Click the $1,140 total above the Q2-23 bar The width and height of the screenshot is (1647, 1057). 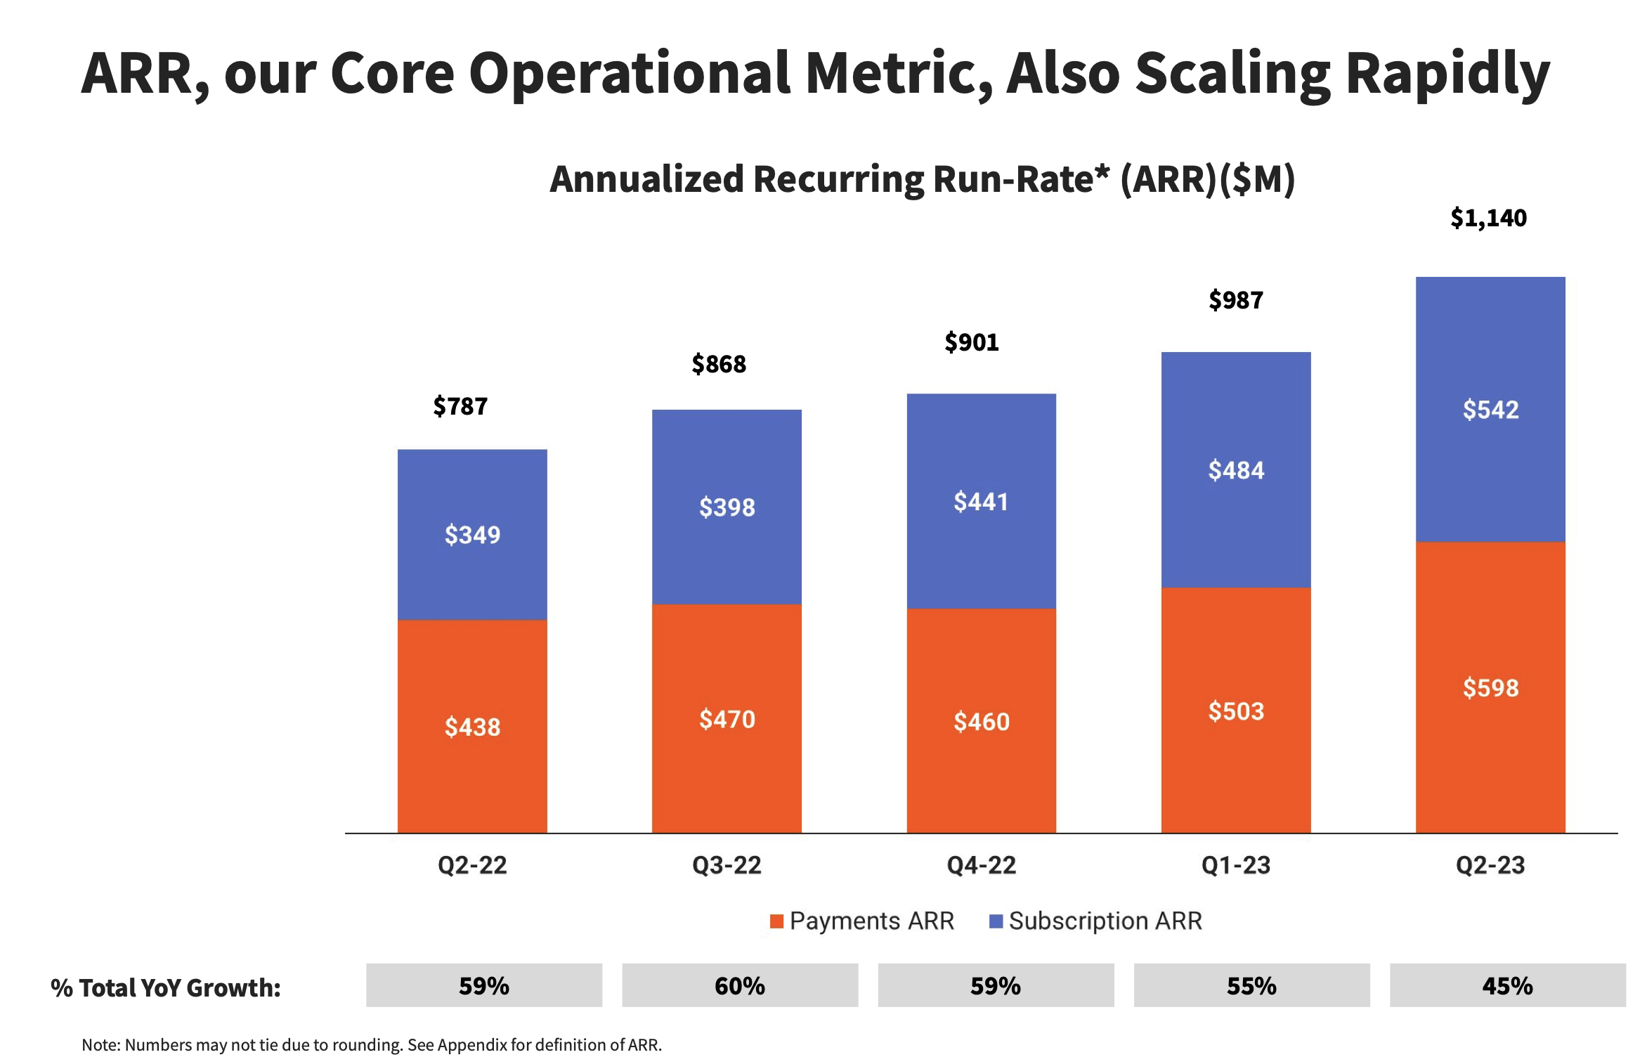click(1488, 218)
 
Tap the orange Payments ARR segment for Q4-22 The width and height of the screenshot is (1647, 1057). click(981, 773)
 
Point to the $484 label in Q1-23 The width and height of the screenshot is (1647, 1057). click(1236, 470)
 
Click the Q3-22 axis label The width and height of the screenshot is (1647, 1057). click(727, 865)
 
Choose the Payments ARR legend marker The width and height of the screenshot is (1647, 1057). click(776, 921)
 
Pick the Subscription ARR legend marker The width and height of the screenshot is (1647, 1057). click(996, 921)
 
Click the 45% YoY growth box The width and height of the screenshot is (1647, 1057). click(1507, 985)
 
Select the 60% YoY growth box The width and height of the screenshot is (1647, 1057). click(740, 985)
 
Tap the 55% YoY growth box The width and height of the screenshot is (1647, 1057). click(1251, 985)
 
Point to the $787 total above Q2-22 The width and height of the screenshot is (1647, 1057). click(460, 406)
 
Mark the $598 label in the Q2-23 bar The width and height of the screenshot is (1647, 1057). click(1490, 687)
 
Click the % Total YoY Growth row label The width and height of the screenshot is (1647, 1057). click(166, 987)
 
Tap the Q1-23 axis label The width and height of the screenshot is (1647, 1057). click(1236, 865)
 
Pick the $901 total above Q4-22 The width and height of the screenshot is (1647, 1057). click(971, 342)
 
